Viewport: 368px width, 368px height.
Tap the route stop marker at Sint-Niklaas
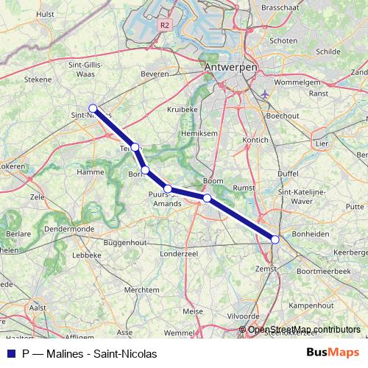pos(93,107)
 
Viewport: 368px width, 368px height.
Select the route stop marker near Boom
pos(208,198)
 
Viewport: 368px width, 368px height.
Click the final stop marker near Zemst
pos(275,239)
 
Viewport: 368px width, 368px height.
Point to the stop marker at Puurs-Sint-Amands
pos(168,189)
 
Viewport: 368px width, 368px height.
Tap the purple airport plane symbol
pos(265,94)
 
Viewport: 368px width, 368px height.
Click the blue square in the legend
pos(10,353)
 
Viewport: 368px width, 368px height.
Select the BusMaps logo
pos(333,353)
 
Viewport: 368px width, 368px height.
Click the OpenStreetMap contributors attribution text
pos(304,330)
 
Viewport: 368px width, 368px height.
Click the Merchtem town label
pos(141,290)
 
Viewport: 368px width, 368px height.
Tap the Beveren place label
pos(155,74)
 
